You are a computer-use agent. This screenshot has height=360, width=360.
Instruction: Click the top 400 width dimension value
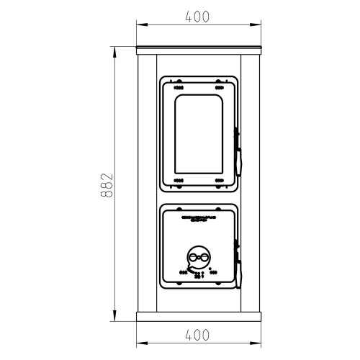click(x=197, y=17)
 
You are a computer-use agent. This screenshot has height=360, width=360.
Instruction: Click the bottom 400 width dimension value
click(x=197, y=335)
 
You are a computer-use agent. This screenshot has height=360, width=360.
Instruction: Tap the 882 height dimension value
click(x=107, y=185)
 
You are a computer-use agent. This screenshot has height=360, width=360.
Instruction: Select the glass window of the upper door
click(x=199, y=134)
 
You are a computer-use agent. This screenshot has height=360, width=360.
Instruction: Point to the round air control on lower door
click(x=199, y=257)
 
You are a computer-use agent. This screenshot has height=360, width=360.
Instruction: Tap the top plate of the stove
click(x=199, y=50)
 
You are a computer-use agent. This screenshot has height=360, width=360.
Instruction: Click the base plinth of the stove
click(x=199, y=317)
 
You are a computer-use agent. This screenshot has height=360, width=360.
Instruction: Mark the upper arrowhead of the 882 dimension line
click(x=114, y=52)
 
